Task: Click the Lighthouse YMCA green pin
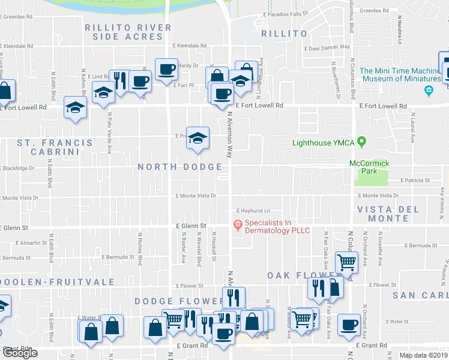tap(361, 142)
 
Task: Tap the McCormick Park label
tap(370, 167)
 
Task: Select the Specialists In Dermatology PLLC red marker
tap(238, 226)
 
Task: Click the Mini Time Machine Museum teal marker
tap(428, 91)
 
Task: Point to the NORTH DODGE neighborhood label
tap(179, 167)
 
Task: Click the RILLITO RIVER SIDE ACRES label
tap(124, 32)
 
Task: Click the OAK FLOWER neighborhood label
tap(295, 275)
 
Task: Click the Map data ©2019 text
tap(423, 355)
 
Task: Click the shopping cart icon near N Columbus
tap(346, 262)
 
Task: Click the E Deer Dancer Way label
tap(327, 47)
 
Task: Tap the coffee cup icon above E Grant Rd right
tap(349, 325)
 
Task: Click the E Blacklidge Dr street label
tap(17, 168)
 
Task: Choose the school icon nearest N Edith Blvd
tap(76, 107)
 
